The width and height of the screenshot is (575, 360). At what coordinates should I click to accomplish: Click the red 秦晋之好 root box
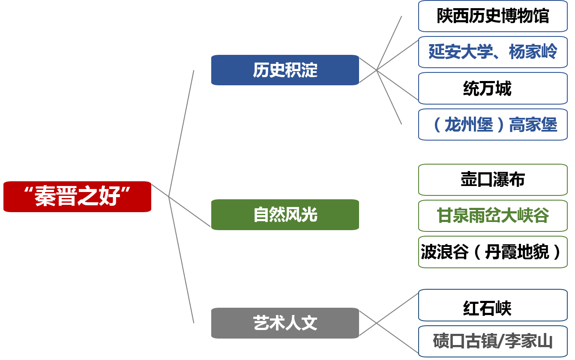tap(77, 197)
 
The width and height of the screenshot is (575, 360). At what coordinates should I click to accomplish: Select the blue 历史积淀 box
tap(285, 70)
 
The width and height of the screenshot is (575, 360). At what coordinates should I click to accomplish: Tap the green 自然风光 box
tap(285, 215)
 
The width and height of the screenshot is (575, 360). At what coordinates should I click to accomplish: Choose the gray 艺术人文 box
tap(285, 323)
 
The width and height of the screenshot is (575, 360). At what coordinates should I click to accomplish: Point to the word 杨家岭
tap(533, 52)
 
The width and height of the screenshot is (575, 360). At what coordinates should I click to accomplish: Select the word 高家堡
tap(533, 125)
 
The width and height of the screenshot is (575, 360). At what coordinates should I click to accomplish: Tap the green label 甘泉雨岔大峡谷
tap(493, 216)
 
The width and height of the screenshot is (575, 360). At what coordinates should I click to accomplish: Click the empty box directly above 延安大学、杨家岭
tap(493, 16)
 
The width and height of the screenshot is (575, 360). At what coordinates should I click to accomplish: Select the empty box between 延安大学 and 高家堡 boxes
tap(493, 88)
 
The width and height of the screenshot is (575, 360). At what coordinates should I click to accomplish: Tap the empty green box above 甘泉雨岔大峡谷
tap(493, 180)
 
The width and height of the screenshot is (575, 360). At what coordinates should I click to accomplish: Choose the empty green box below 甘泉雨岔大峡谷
tap(493, 252)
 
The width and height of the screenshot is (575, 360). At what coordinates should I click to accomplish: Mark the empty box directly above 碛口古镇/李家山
tap(493, 305)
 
